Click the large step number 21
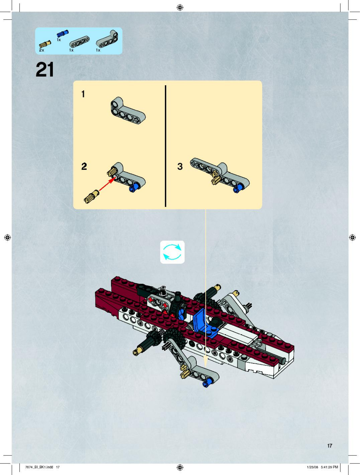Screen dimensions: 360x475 45,69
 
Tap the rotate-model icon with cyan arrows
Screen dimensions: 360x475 172,252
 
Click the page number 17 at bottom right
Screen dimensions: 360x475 330,446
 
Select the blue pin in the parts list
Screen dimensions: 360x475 63,33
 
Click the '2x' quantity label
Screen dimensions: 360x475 42,50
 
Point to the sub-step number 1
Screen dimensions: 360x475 83,94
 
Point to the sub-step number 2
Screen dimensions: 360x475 84,166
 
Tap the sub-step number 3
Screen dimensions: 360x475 180,166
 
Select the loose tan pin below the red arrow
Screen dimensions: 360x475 91,197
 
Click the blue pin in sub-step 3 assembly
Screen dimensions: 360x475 237,189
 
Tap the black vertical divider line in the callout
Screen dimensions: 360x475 166,146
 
